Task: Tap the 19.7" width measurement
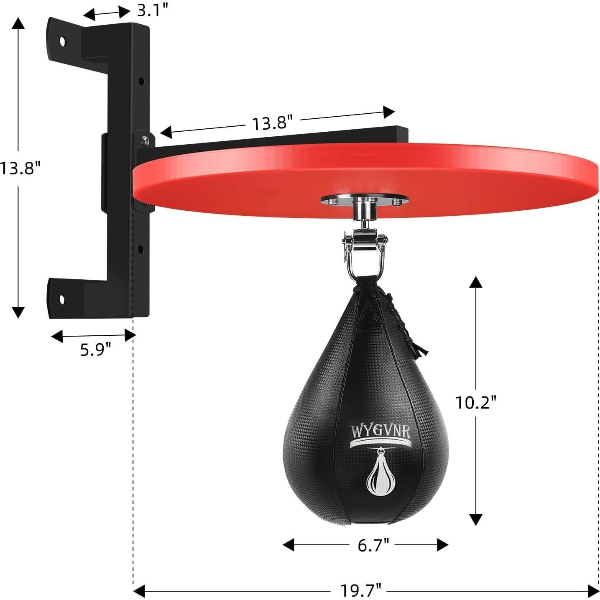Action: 360,590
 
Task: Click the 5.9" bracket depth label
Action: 96,350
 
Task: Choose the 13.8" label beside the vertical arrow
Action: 20,169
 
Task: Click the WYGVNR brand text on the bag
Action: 380,431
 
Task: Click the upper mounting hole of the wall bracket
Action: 63,41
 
